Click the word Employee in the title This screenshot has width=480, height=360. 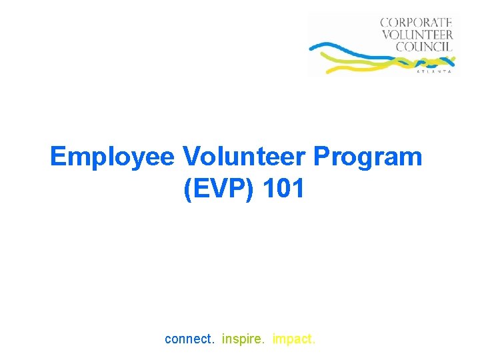112,157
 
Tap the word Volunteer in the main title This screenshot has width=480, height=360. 244,157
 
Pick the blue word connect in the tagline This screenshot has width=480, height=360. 189,339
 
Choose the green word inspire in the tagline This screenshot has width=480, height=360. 243,339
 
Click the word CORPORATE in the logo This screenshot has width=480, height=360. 417,22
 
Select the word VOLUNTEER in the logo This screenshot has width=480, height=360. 417,34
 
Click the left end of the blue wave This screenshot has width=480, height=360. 311,48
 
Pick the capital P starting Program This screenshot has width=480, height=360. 322,157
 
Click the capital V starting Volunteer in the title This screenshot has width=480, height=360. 190,157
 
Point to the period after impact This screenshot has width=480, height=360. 314,343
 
